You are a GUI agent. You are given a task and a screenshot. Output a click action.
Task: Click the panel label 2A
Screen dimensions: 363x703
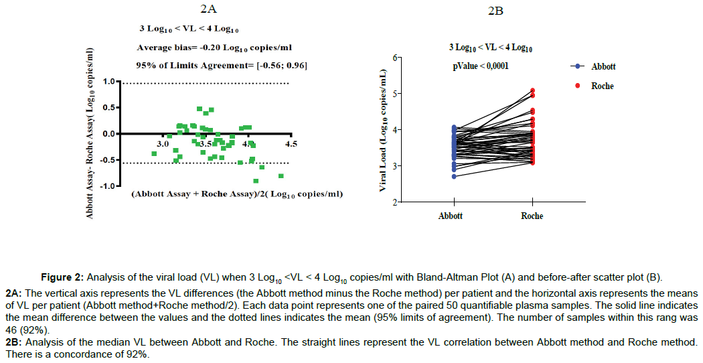pyautogui.click(x=209, y=9)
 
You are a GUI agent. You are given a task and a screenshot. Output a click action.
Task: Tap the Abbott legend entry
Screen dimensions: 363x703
pyautogui.click(x=603, y=66)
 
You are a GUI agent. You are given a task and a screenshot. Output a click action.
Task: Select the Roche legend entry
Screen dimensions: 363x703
pyautogui.click(x=602, y=86)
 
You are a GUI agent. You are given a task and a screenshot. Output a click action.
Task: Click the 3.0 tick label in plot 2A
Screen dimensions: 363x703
pyautogui.click(x=163, y=143)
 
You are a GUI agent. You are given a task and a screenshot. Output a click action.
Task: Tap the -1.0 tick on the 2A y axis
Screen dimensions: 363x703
pyautogui.click(x=108, y=186)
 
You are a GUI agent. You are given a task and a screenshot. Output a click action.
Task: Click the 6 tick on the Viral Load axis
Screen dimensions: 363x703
pyautogui.click(x=379, y=58)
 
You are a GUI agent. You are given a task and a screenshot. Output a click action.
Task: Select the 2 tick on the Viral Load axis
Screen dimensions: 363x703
pyautogui.click(x=379, y=202)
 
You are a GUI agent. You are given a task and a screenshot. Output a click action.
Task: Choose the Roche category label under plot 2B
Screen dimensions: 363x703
pyautogui.click(x=532, y=216)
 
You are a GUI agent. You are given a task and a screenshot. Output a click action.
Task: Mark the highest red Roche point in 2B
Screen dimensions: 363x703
pyautogui.click(x=532, y=90)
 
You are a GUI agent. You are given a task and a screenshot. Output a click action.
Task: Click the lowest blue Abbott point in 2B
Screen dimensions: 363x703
pyautogui.click(x=454, y=176)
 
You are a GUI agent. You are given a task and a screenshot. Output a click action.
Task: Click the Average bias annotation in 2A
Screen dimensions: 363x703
pyautogui.click(x=214, y=48)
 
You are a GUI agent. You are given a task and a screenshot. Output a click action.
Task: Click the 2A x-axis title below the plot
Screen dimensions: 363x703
pyautogui.click(x=237, y=195)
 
